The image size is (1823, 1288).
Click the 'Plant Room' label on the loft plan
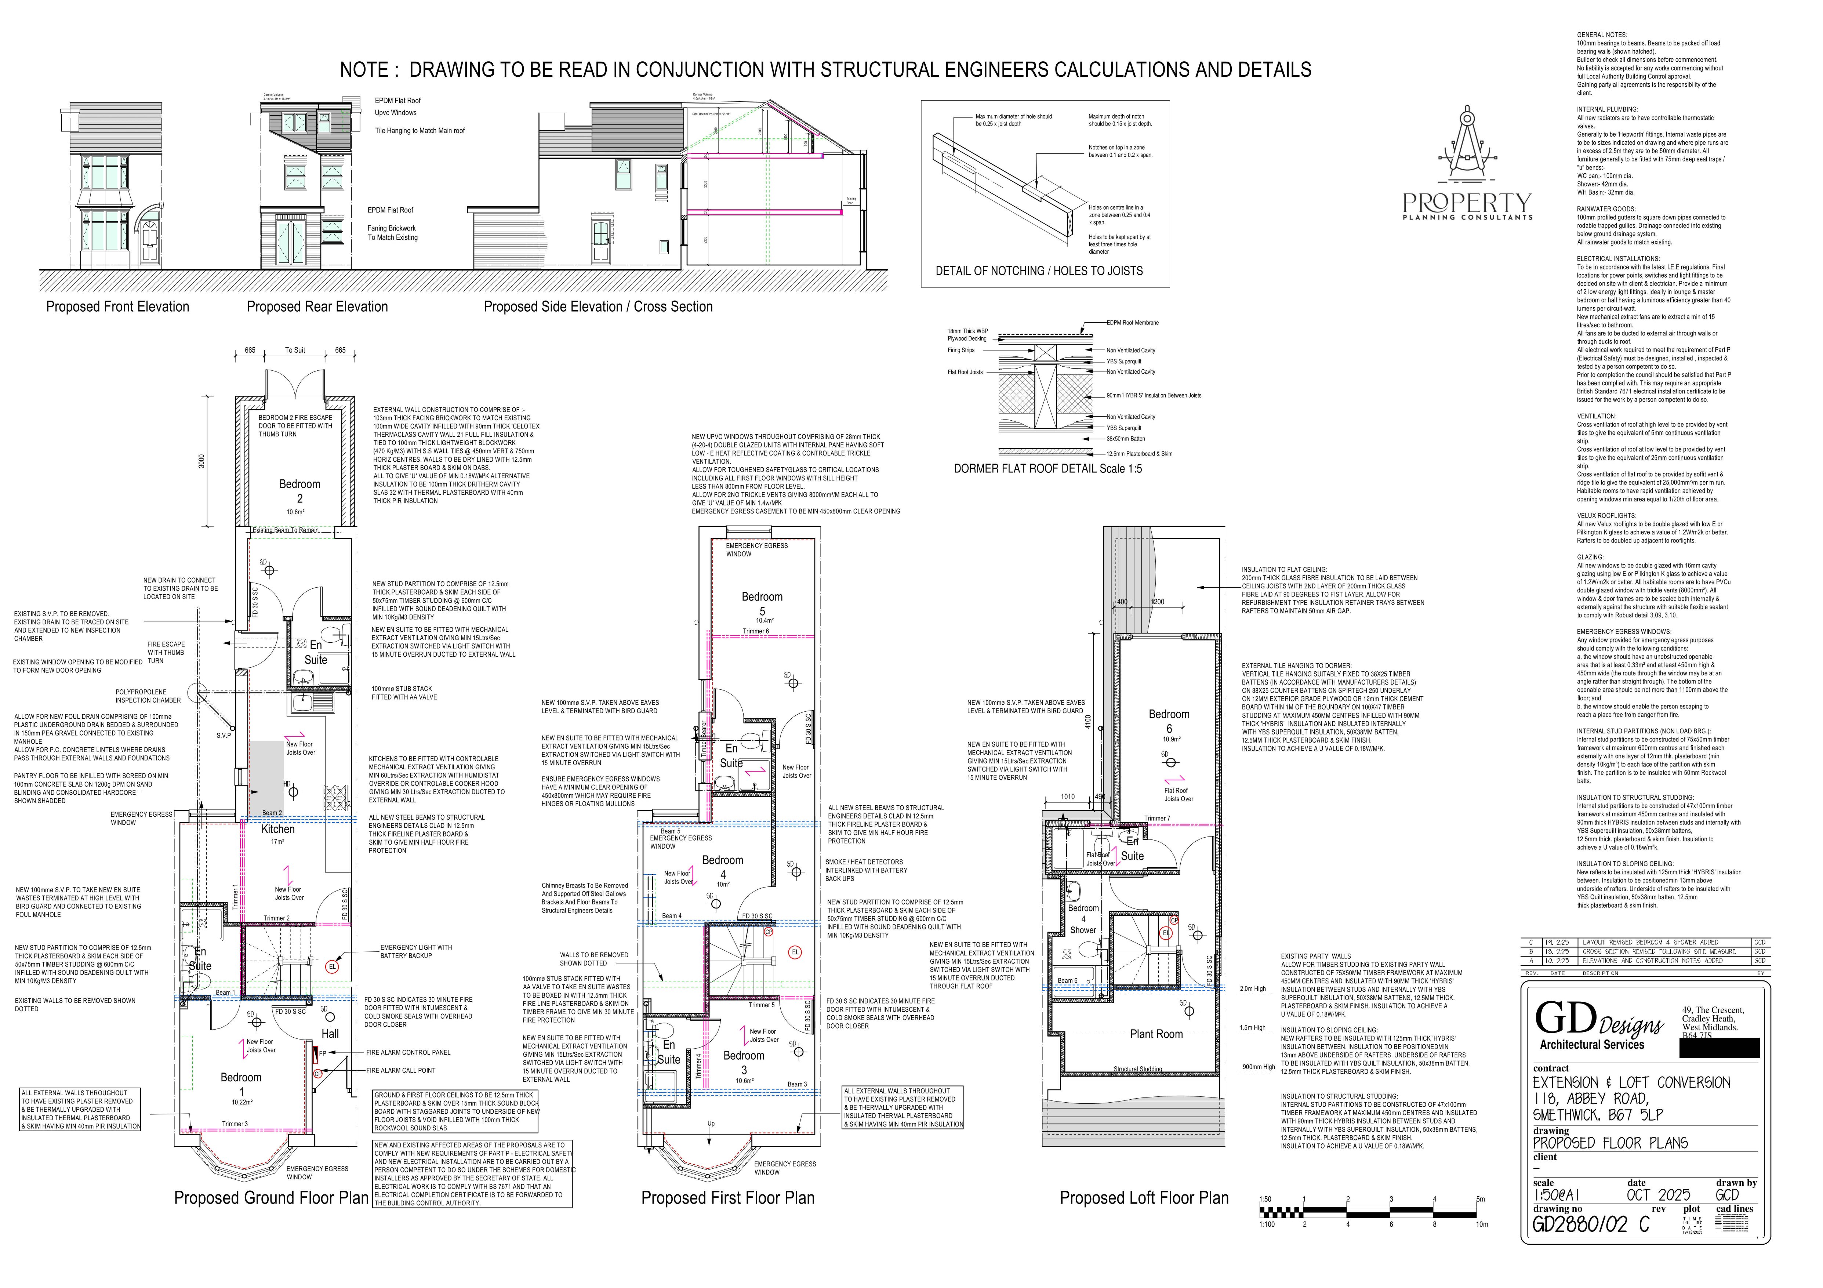[x=1156, y=1034]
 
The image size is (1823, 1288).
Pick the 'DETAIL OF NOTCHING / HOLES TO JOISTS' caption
[x=1039, y=271]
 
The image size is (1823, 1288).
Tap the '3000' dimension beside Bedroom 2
[x=201, y=461]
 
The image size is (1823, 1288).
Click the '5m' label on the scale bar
[x=1480, y=1199]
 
